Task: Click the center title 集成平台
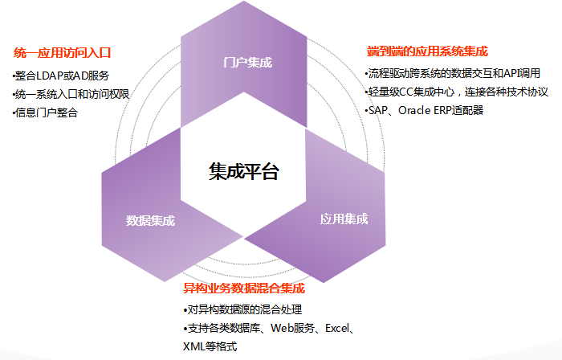pos(244,171)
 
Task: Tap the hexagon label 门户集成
pos(247,63)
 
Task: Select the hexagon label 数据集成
pos(151,220)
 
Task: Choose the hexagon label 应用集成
pos(344,219)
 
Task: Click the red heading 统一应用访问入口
pos(62,53)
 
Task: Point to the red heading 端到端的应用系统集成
pos(427,51)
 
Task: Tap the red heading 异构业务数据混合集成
pos(244,288)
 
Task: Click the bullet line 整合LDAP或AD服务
pos(60,76)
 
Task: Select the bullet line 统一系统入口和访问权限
pos(71,94)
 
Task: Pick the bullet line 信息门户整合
pos(45,112)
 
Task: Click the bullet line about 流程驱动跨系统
pos(452,73)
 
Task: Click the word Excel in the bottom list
pos(337,328)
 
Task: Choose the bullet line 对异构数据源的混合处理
pos(242,309)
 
